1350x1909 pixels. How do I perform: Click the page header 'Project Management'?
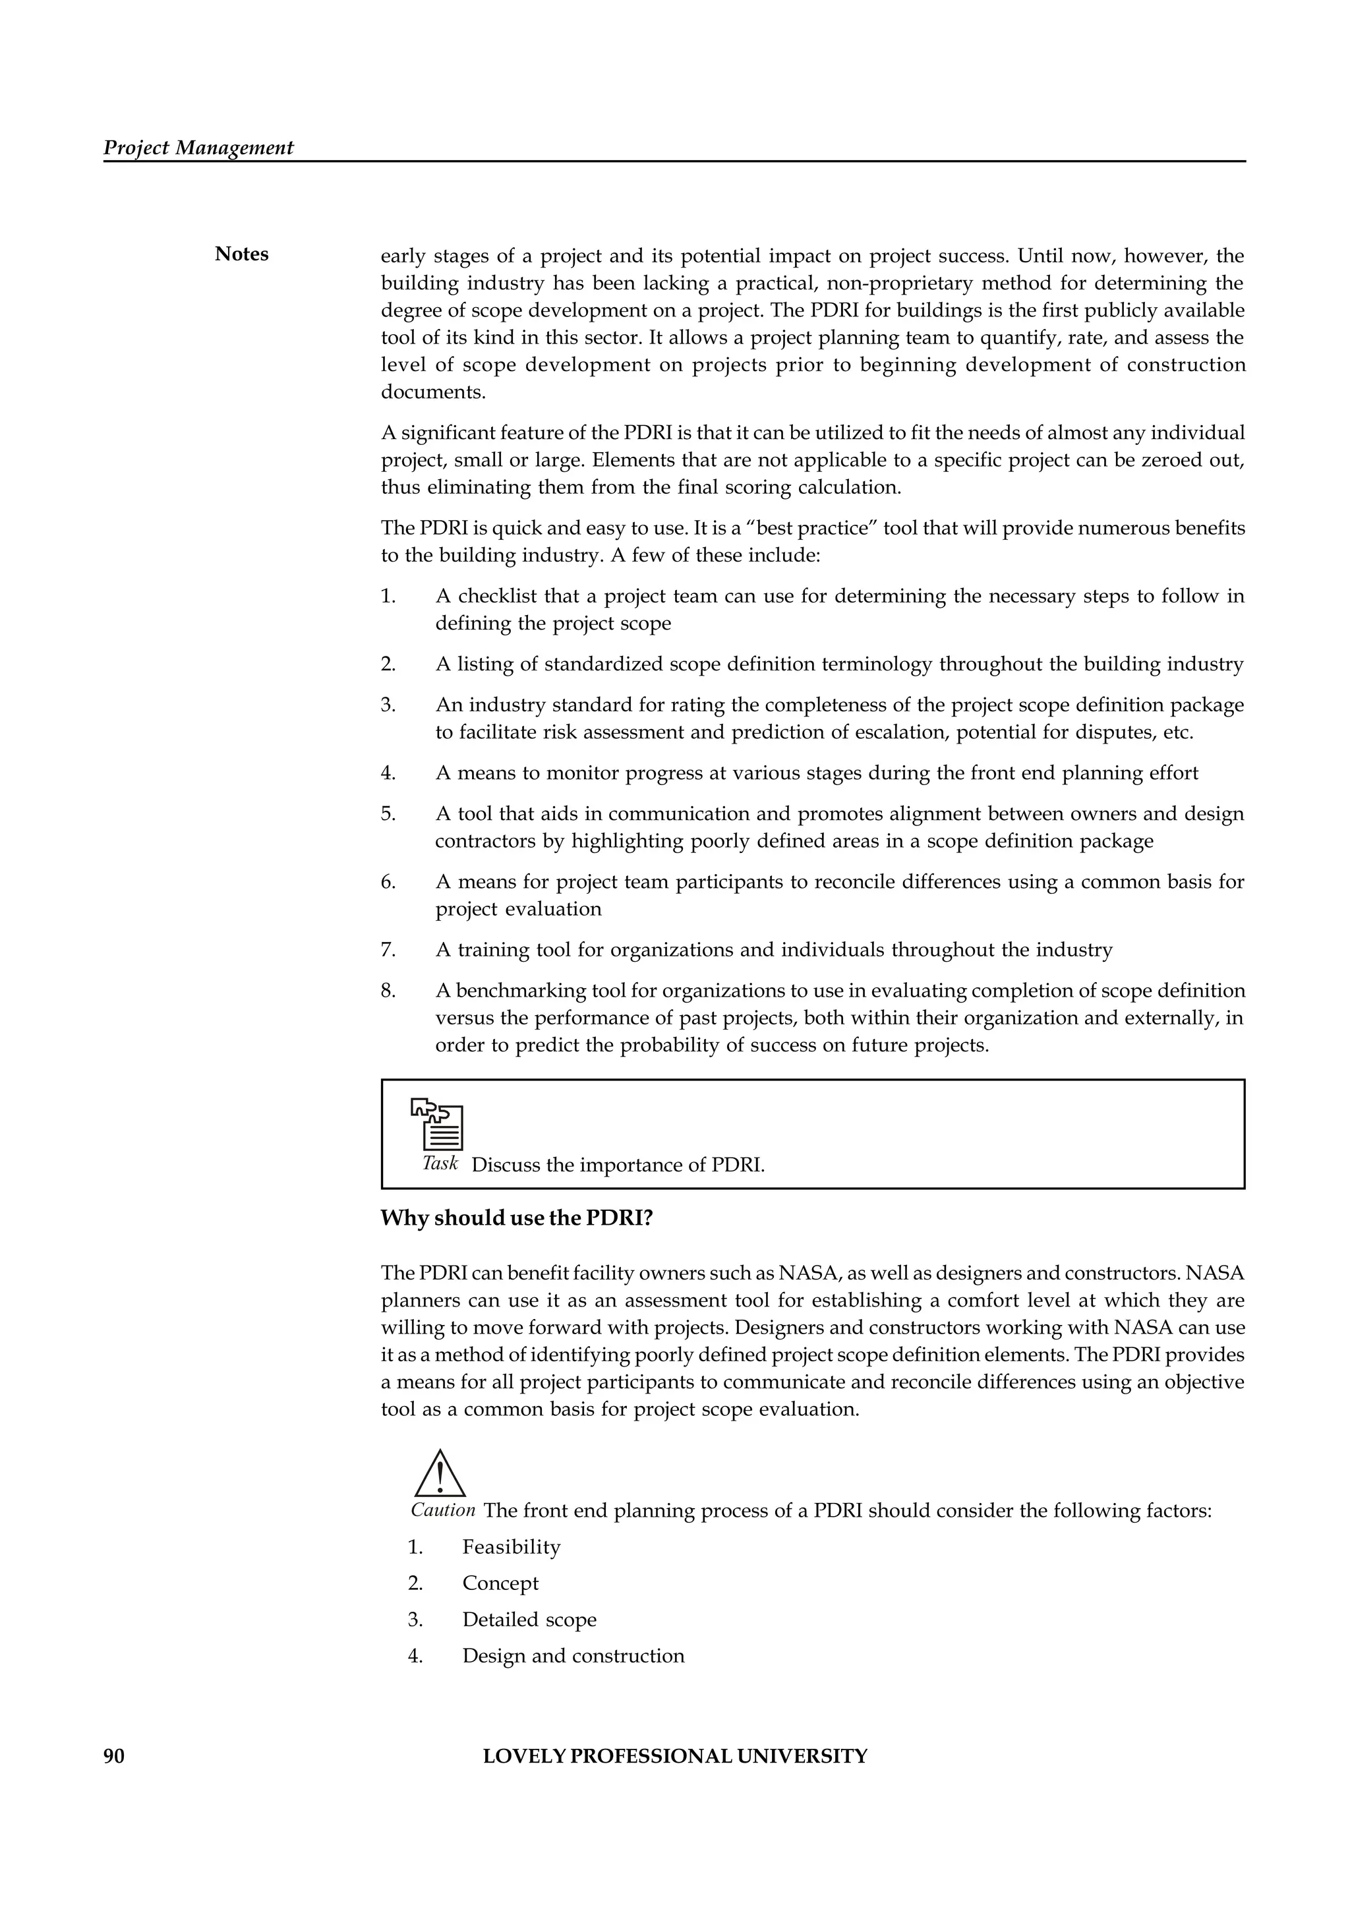[x=198, y=148]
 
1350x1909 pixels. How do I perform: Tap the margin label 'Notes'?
[x=241, y=254]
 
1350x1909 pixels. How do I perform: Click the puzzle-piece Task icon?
[x=437, y=1123]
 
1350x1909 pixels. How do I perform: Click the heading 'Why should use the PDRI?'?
[x=516, y=1218]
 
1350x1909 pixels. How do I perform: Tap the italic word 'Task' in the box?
[x=440, y=1163]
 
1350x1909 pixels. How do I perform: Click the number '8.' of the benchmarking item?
[x=388, y=991]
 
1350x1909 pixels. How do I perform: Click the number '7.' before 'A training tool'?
[x=388, y=951]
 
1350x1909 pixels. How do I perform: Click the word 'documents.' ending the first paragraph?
[x=432, y=392]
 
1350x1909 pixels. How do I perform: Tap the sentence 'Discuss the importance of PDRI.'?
[x=618, y=1165]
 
